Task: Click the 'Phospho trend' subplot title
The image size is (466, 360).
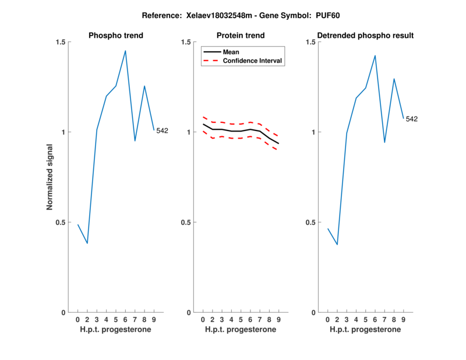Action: [116, 36]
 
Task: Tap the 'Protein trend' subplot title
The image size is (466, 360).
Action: [241, 36]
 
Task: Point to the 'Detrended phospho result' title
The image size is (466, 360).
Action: [366, 36]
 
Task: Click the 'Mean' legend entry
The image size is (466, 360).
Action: [231, 52]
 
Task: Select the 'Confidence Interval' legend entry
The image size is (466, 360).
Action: [253, 61]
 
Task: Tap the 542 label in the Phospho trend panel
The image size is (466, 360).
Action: [162, 130]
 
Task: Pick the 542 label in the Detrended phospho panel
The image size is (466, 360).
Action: [412, 119]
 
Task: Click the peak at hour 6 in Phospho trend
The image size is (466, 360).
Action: [125, 51]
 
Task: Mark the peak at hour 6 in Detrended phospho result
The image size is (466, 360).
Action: [375, 55]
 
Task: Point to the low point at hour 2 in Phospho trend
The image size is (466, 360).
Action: [87, 243]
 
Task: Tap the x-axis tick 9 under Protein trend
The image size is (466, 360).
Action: [279, 320]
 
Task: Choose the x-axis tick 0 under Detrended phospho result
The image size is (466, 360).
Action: [327, 320]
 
